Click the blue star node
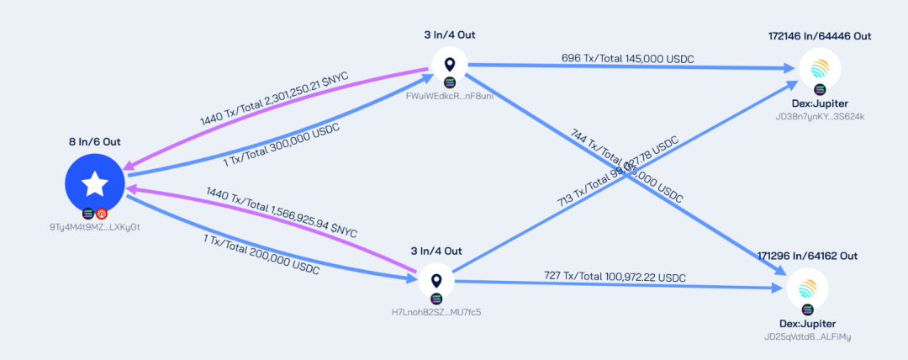coord(94,183)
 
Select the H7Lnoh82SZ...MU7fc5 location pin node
coord(436,281)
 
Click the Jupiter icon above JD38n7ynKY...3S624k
coord(818,66)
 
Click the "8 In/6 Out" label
coord(94,142)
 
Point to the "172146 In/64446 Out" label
coord(819,36)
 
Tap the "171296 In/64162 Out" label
coord(807,255)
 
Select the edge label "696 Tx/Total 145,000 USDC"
coord(627,58)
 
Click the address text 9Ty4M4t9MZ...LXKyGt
coord(94,228)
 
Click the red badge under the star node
coord(102,214)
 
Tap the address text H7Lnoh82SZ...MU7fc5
coord(436,312)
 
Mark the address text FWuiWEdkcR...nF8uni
coord(449,96)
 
